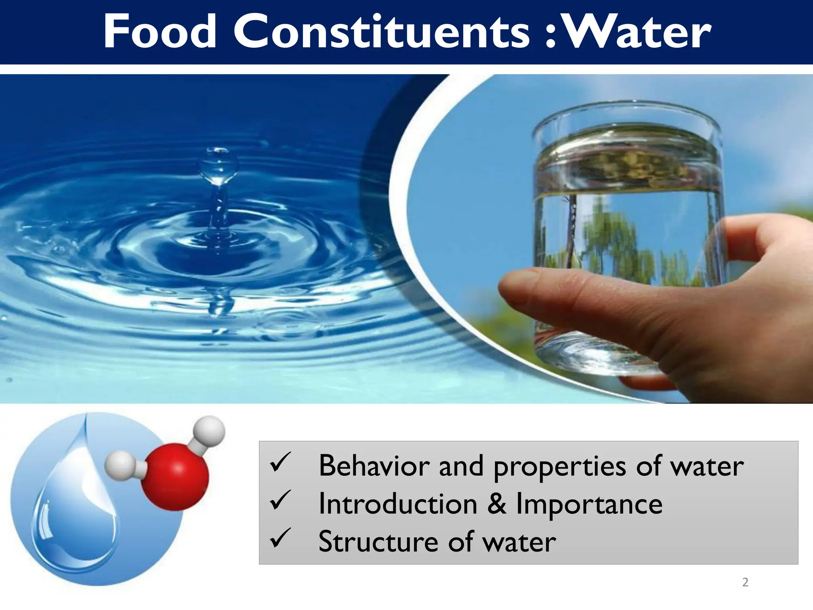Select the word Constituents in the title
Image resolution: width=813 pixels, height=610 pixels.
pos(381,32)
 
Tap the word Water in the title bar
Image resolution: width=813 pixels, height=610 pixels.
pos(638,32)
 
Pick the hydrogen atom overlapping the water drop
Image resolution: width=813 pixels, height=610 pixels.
pos(120,465)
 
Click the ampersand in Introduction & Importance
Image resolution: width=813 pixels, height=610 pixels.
pos(496,504)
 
